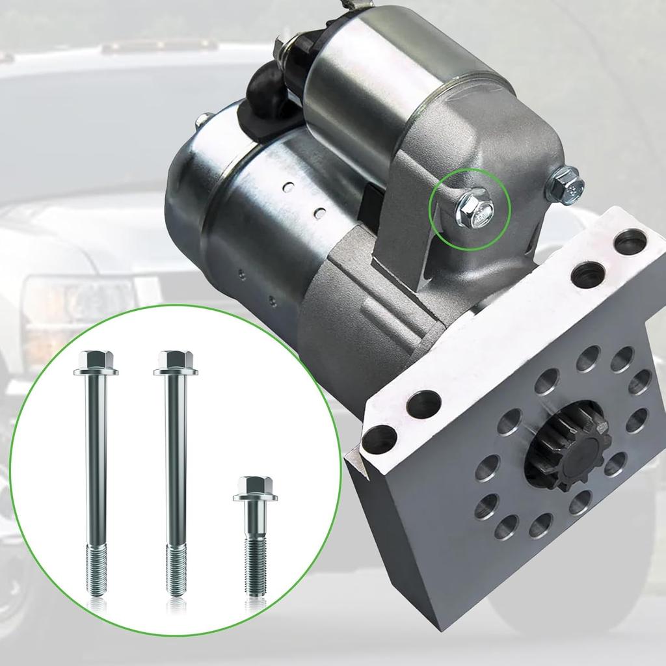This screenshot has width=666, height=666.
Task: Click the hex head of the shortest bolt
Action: pyautogui.click(x=254, y=485)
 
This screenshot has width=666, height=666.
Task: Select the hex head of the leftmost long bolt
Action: pyautogui.click(x=95, y=359)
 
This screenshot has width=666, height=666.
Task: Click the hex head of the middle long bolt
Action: pyautogui.click(x=175, y=359)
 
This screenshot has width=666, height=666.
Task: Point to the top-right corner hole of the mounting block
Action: pyautogui.click(x=630, y=243)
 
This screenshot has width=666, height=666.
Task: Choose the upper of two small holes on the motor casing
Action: pyautogui.click(x=287, y=189)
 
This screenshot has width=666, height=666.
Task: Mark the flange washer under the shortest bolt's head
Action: pyautogui.click(x=255, y=498)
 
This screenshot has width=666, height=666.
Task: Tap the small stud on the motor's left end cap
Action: pyautogui.click(x=203, y=118)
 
